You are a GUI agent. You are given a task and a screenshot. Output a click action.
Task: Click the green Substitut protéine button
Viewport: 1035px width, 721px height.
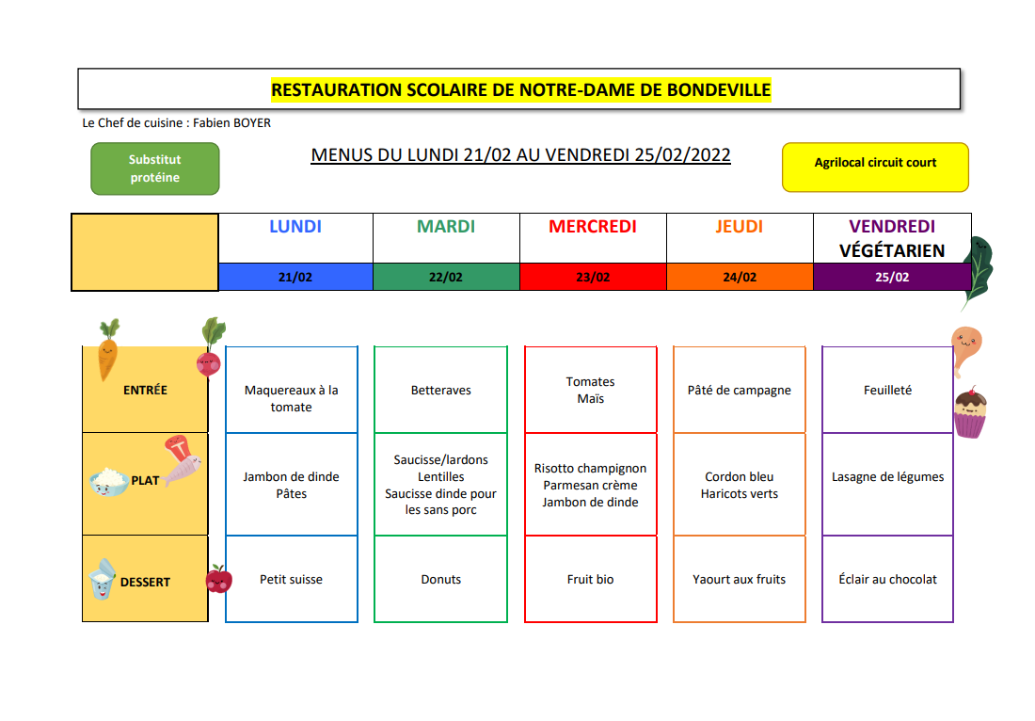(155, 169)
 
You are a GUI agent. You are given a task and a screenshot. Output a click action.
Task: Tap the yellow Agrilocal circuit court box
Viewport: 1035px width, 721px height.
(875, 168)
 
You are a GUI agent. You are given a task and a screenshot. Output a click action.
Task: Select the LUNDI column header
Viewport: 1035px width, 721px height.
(295, 227)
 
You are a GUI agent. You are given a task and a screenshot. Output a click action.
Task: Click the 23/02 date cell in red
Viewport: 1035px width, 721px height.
(593, 278)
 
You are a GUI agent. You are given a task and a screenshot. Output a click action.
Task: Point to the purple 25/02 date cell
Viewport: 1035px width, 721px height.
(892, 278)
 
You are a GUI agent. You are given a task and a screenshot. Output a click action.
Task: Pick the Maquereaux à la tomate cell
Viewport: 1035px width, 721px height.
(291, 390)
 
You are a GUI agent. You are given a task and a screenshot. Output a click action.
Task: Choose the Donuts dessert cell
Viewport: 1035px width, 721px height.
(441, 579)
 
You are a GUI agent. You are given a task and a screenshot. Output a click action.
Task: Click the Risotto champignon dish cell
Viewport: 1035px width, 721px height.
(591, 485)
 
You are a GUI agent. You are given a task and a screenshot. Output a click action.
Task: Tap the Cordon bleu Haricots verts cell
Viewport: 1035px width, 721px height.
(740, 485)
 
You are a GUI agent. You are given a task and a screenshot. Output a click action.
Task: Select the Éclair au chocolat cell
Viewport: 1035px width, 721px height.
(888, 579)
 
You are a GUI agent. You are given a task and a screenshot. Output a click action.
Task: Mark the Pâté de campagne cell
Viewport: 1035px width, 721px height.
(740, 390)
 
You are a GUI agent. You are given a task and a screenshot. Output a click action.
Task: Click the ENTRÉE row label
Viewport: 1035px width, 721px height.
(145, 391)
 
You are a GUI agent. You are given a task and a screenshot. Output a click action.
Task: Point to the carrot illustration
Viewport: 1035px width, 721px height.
(108, 349)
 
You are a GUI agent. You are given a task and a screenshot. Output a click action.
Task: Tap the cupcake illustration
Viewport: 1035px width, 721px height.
(970, 412)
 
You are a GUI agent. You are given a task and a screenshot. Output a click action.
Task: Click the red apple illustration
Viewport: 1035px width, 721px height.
(218, 579)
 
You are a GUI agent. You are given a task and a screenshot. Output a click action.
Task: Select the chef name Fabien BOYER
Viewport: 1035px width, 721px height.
(231, 122)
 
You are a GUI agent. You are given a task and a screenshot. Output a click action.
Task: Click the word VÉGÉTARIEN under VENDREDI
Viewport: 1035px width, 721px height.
(892, 251)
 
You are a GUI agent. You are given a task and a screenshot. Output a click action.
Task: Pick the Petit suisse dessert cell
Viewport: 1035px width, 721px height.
(291, 579)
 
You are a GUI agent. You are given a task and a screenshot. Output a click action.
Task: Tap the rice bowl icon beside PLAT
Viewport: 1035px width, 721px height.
(109, 481)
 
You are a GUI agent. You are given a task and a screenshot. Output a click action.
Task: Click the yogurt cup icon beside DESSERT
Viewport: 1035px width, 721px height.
(103, 579)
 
